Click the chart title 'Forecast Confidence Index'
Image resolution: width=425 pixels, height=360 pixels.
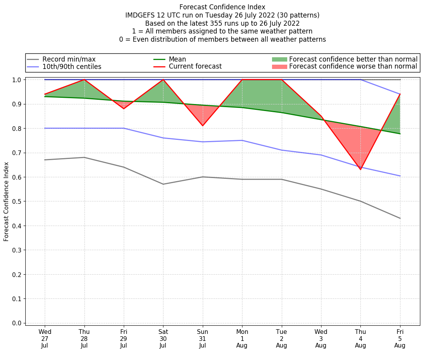(x=222, y=7)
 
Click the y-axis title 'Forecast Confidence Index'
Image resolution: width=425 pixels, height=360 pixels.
(x=6, y=202)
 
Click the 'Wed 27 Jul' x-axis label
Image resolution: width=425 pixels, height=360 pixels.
(x=45, y=338)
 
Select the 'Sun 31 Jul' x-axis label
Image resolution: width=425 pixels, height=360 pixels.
(x=202, y=338)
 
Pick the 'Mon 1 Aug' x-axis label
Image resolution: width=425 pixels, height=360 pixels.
(x=242, y=338)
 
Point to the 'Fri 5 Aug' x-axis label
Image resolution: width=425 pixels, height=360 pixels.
(x=400, y=338)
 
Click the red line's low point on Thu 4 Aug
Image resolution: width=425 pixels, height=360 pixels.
(x=360, y=169)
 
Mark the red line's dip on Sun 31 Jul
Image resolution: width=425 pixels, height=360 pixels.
(x=202, y=125)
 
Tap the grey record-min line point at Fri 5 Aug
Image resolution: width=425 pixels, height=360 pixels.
(x=400, y=218)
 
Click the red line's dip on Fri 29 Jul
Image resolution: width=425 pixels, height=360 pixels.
(x=124, y=108)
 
